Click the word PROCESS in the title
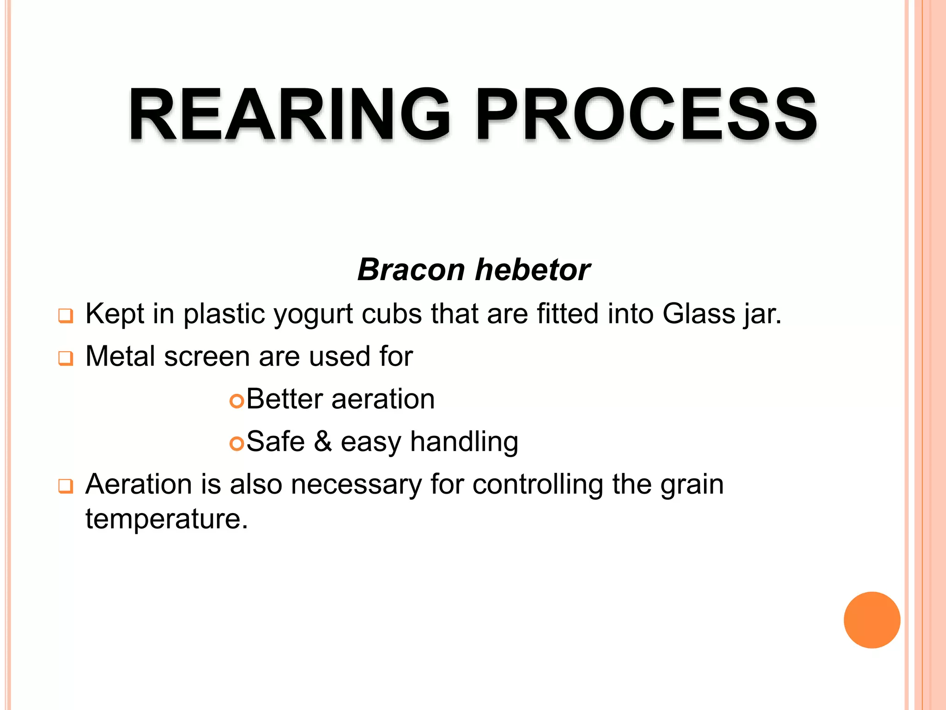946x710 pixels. [647, 114]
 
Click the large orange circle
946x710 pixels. [872, 620]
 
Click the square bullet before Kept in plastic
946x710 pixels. [66, 316]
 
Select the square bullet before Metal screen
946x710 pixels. [66, 359]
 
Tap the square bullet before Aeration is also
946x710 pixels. [66, 486]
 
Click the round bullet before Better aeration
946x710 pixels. [236, 401]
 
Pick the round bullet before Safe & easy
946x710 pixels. [236, 444]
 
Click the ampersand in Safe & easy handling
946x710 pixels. [323, 441]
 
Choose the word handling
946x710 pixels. [464, 442]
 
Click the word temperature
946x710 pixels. [166, 519]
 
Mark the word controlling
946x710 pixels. [538, 485]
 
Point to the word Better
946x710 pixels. [284, 399]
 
